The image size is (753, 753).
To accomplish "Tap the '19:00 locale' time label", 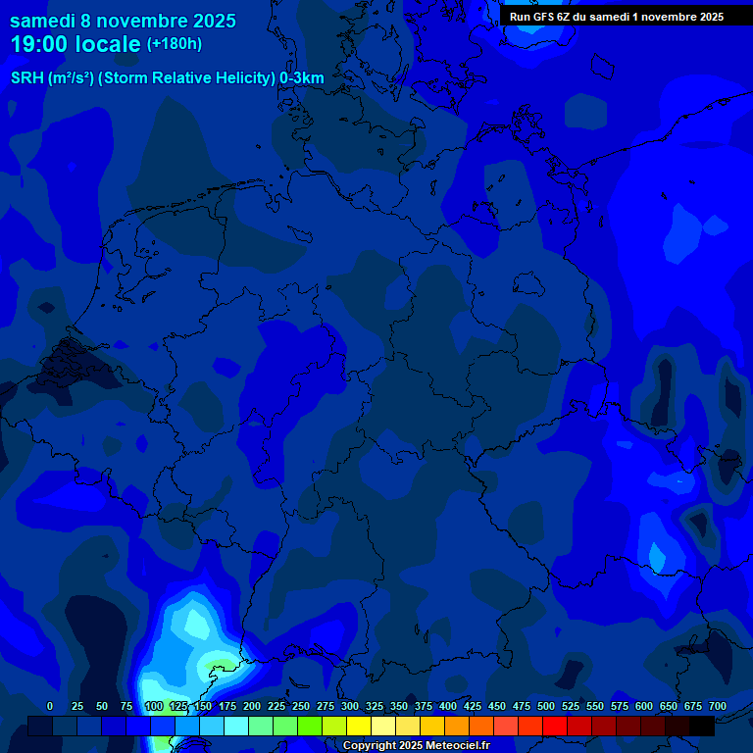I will pos(75,45).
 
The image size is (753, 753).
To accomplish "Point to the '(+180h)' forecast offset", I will pos(175,44).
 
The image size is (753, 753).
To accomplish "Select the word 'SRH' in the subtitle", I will pos(28,78).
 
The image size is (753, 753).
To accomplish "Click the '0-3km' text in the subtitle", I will pos(301,78).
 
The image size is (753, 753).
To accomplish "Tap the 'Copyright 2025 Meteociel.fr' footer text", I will pos(416,745).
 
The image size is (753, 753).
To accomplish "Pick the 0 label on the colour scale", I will pos(50,706).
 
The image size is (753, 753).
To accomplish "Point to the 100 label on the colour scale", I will pos(153,706).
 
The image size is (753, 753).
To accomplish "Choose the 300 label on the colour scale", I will pos(350,706).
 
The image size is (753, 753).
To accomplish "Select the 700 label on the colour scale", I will pos(717,706).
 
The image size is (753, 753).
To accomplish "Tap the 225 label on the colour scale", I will pos(276,706).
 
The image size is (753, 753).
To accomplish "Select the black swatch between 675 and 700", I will pos(702,726).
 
